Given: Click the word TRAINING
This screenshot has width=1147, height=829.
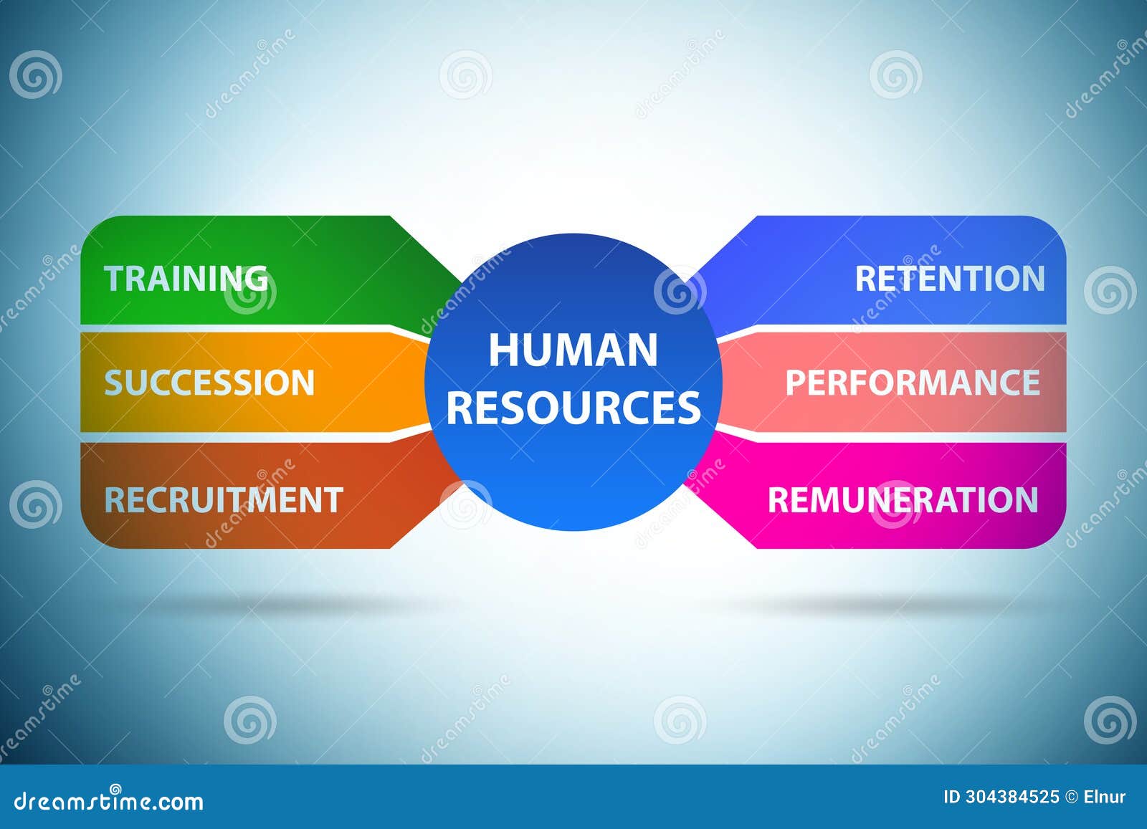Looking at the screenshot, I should (x=186, y=279).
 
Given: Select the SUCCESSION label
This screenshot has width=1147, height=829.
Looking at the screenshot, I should (x=209, y=383).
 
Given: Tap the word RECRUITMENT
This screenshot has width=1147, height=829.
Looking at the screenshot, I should (x=224, y=500).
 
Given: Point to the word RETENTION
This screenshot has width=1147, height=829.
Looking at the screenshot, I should (x=950, y=279).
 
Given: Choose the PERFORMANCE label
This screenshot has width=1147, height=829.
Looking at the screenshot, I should (x=912, y=383).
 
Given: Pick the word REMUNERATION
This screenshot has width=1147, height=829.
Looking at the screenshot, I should (x=903, y=500).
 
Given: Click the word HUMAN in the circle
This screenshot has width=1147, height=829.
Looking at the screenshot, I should (x=573, y=350).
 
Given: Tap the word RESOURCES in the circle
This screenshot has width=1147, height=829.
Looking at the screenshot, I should (x=573, y=407).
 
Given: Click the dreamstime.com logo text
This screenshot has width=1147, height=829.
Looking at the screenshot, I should (x=109, y=800).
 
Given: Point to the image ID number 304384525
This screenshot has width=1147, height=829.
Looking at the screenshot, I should (x=1012, y=797).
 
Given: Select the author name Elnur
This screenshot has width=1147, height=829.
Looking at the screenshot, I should (x=1104, y=797).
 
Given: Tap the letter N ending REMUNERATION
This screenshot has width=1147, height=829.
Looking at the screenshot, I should (x=1027, y=500).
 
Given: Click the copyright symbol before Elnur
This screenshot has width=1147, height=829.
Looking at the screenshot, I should (x=1071, y=797).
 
